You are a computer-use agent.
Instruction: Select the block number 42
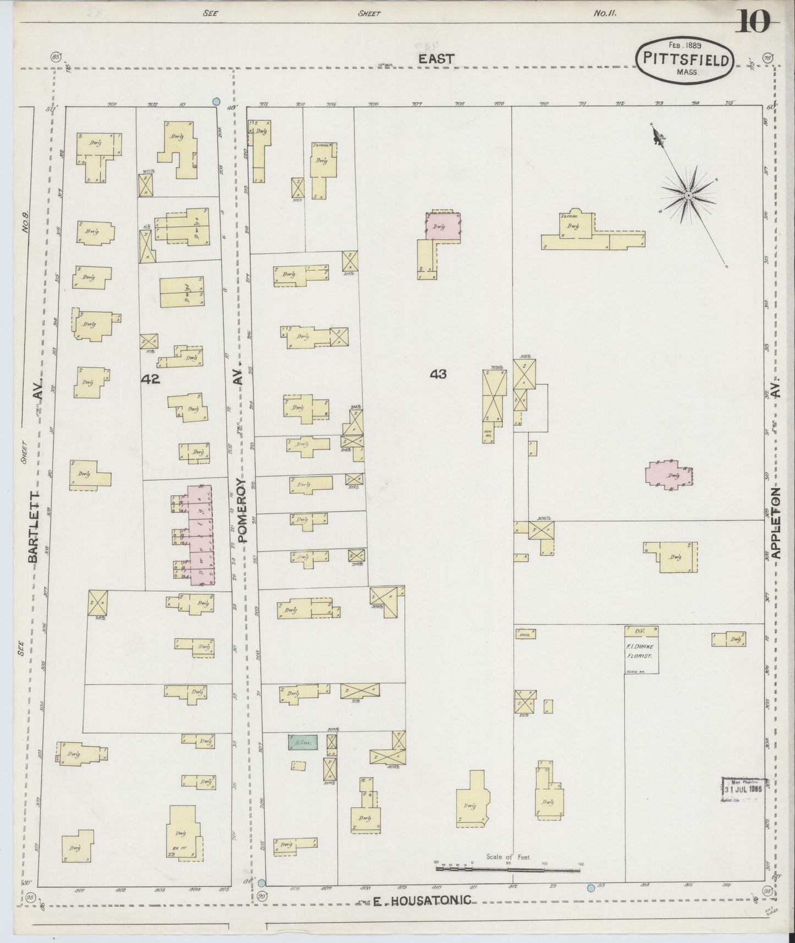tap(150, 379)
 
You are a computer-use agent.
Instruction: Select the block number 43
tap(438, 374)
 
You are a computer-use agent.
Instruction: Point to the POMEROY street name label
tap(244, 509)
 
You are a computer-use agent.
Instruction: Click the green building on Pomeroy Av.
tap(303, 742)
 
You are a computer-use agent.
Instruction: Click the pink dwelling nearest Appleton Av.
tap(668, 476)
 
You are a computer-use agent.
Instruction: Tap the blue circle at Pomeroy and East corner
tap(217, 102)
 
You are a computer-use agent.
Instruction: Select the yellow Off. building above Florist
tap(641, 631)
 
